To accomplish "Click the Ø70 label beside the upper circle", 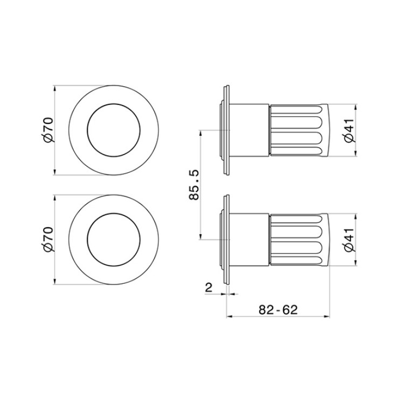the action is [48, 130].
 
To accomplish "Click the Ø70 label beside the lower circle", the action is [48, 240].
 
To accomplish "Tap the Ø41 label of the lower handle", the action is [349, 240].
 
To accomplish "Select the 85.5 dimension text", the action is [194, 185].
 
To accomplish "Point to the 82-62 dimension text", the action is [278, 310].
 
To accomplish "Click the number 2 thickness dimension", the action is [208, 288].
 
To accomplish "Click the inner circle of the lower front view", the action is [114, 213].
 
